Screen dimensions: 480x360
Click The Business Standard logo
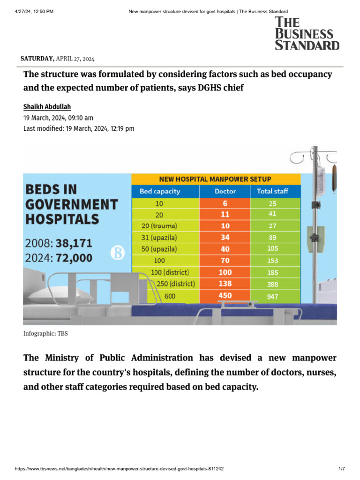[x=307, y=33]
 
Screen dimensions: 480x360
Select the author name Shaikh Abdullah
[x=46, y=107]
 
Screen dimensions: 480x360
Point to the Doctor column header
[x=225, y=191]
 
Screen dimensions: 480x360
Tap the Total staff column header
[x=272, y=191]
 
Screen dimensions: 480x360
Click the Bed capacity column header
[x=159, y=191]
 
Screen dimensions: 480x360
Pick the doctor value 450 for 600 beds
[x=225, y=296]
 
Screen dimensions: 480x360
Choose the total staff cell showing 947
[x=272, y=297]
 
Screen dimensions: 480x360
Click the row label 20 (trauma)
[x=159, y=226]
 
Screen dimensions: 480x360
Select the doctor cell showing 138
[x=225, y=284]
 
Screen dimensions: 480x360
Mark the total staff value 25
[x=272, y=203]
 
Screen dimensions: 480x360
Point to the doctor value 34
[x=225, y=238]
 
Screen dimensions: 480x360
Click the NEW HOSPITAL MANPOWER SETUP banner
[x=215, y=179]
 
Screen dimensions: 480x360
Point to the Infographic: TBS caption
[x=46, y=334]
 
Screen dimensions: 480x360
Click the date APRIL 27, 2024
[x=75, y=59]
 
